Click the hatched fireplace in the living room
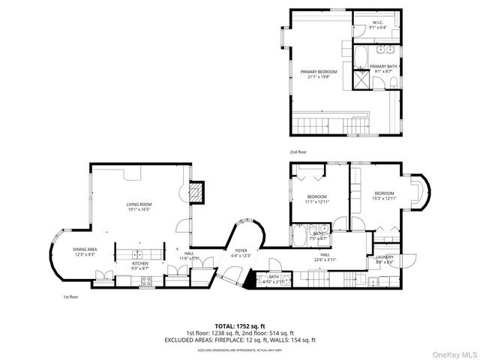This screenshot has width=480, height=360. point(196,193)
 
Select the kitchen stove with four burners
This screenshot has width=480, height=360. point(147,281)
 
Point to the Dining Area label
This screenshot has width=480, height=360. point(84,250)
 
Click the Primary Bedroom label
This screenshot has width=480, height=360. point(319,73)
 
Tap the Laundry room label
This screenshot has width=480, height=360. point(384,259)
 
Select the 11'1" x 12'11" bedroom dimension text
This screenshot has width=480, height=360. point(317,201)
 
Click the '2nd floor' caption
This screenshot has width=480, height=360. point(298,151)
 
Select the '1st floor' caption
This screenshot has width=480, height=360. point(71,297)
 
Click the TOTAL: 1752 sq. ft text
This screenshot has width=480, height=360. point(239,326)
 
